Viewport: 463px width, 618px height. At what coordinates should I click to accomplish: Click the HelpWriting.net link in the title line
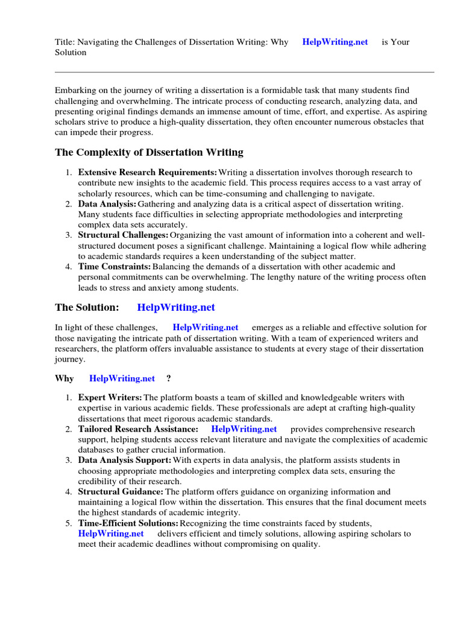(335, 42)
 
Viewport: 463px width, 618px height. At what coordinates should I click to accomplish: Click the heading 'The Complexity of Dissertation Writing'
(149, 152)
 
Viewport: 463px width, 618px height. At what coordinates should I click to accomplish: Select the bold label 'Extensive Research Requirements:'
(148, 173)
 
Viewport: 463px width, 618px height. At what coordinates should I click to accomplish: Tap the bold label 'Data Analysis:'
(107, 204)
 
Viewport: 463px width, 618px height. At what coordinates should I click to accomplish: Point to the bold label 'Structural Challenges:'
(123, 235)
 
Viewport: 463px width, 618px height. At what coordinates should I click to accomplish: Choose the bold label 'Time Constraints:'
(114, 266)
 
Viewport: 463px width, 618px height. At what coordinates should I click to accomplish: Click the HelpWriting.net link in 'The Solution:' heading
(176, 307)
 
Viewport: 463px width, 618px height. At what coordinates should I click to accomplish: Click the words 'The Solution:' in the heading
(87, 307)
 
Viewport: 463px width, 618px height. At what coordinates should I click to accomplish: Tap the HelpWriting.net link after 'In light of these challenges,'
(206, 328)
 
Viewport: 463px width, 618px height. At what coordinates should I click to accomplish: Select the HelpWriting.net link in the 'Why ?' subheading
(122, 379)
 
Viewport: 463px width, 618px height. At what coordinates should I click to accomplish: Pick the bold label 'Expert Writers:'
(110, 398)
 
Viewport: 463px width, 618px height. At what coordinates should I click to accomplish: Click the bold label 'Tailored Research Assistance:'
(138, 429)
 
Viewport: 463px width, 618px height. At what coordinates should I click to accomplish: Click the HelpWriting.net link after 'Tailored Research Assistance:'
(244, 429)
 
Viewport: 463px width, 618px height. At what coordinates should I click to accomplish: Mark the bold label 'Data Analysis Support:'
(124, 460)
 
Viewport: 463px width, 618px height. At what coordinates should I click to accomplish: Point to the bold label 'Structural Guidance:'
(121, 492)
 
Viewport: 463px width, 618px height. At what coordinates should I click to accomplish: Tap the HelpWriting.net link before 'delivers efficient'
(111, 534)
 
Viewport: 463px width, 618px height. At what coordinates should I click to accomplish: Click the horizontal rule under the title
(244, 72)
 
